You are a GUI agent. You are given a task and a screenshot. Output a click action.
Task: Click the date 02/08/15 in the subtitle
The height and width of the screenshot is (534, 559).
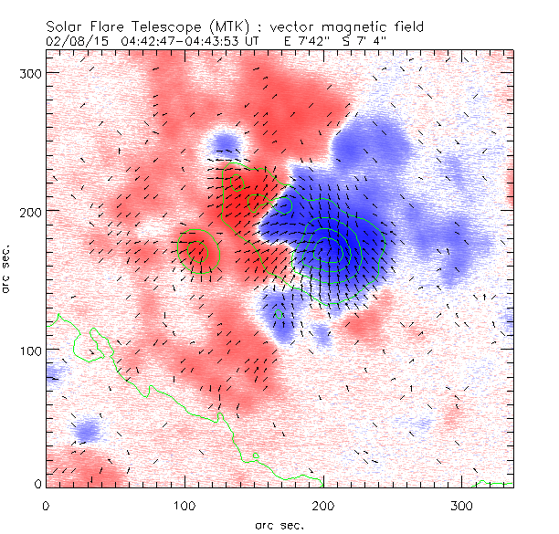pyautogui.click(x=75, y=42)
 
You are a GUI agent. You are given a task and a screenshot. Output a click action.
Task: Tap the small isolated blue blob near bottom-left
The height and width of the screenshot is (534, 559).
pyautogui.click(x=88, y=429)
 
